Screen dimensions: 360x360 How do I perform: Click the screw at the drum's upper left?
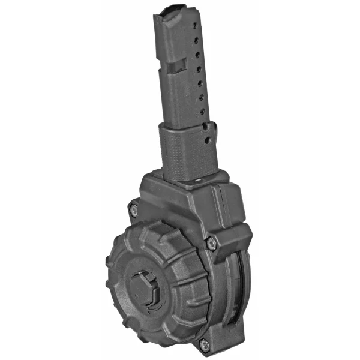click(133, 209)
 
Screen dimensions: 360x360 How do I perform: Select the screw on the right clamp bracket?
click(211, 242)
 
